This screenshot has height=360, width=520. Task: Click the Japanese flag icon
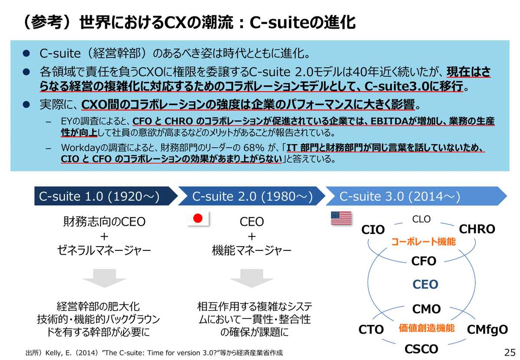(x=198, y=219)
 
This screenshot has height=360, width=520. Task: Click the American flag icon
(x=341, y=218)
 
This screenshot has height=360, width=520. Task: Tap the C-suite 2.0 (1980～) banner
(x=252, y=196)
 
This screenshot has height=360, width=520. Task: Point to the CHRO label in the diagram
(x=477, y=229)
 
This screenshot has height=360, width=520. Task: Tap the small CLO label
(x=421, y=219)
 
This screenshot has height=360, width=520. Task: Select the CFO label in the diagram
(x=424, y=261)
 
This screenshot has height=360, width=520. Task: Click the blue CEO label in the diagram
(x=425, y=285)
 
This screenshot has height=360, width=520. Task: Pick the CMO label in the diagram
(x=426, y=309)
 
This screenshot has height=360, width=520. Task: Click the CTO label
(x=371, y=330)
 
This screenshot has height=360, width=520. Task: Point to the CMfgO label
(x=487, y=330)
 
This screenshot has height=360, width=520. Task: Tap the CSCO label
(x=421, y=349)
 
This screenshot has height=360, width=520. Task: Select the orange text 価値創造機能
(x=426, y=328)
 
